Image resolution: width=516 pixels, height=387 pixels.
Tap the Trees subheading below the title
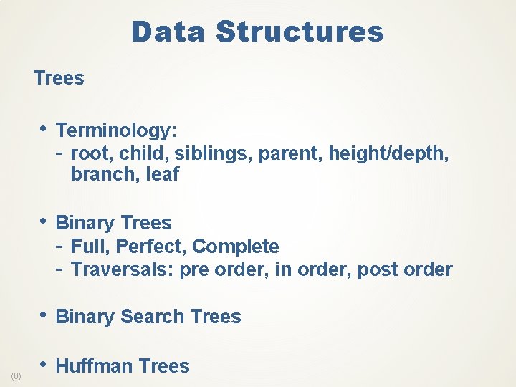(59, 78)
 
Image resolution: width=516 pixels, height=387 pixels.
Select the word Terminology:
(117, 130)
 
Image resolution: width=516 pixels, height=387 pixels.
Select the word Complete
(236, 247)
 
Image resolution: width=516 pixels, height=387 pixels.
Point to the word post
(377, 269)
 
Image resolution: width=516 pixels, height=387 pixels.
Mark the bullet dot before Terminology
(45, 129)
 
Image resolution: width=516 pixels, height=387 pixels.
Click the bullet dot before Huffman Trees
(45, 365)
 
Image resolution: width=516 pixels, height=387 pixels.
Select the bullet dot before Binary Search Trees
(45, 315)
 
